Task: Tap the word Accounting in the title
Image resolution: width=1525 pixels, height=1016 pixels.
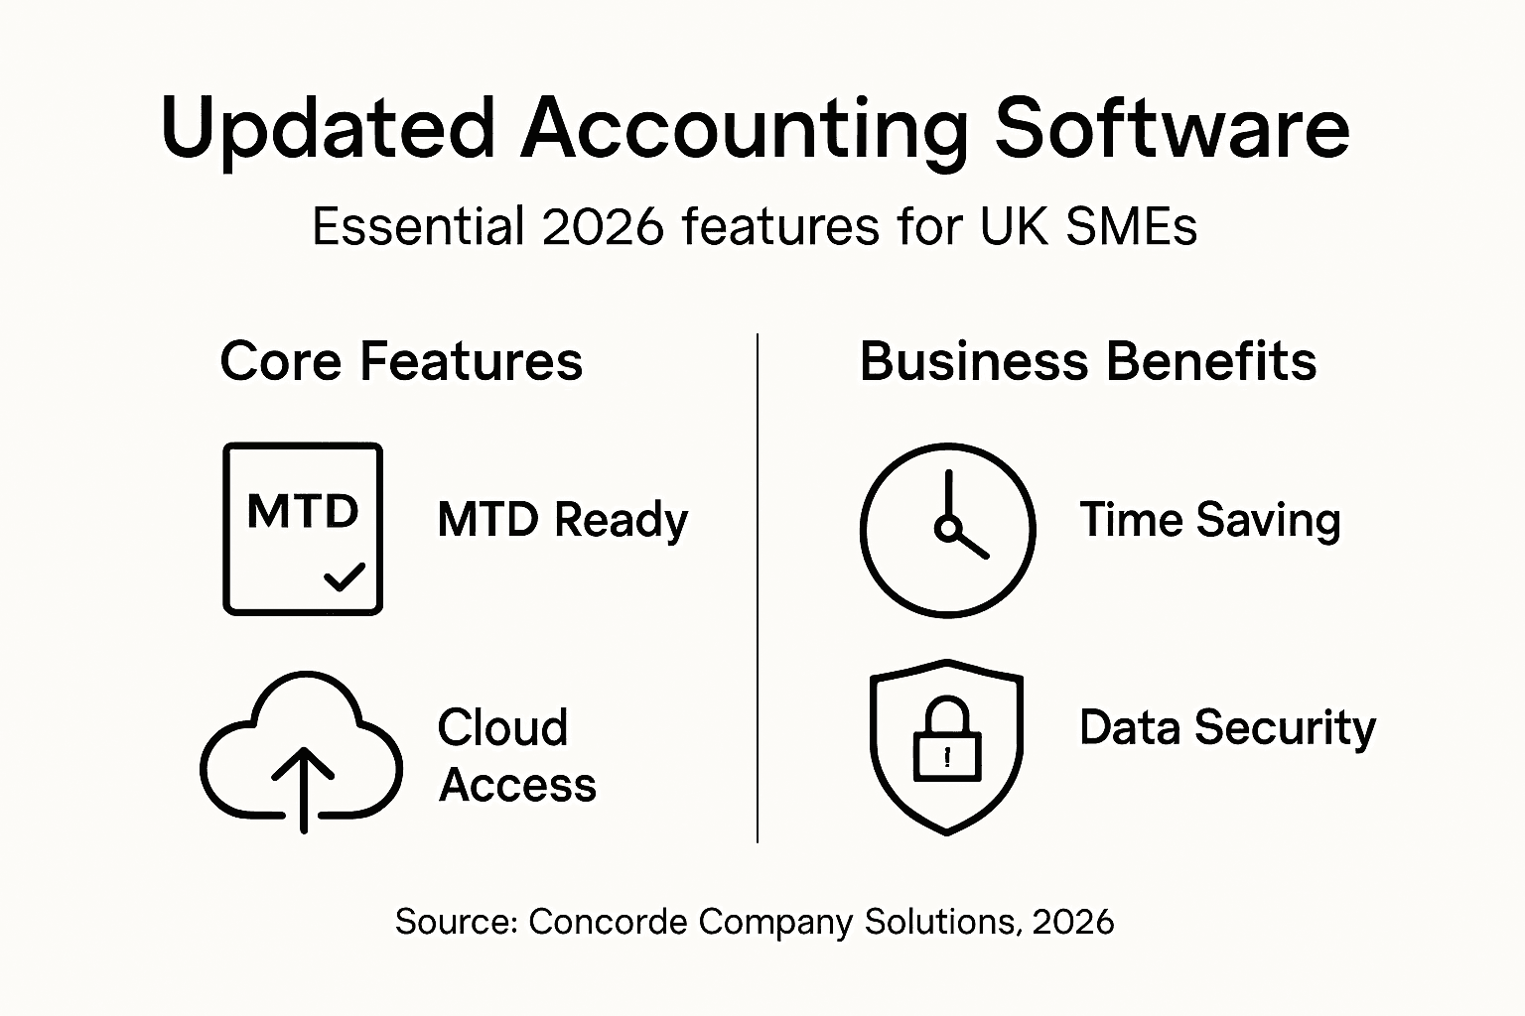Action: (744, 129)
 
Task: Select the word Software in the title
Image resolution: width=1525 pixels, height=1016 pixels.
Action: (1172, 129)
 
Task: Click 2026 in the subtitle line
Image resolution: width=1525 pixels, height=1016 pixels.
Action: (603, 226)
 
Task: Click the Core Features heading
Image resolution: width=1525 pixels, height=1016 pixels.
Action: (401, 361)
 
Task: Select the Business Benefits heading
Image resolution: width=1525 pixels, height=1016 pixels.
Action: (1087, 361)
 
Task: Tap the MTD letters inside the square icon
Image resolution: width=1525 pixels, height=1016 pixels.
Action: (303, 512)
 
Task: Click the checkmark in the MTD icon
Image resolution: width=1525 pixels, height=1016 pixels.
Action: (345, 575)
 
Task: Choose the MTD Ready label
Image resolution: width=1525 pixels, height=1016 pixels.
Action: (562, 520)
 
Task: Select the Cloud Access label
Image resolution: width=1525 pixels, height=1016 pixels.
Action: (516, 756)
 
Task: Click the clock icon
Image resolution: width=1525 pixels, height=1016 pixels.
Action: (947, 530)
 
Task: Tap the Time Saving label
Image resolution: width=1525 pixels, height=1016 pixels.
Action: (1209, 520)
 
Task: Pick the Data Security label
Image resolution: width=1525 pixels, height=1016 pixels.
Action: (1227, 727)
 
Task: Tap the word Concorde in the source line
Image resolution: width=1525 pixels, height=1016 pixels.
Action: (608, 922)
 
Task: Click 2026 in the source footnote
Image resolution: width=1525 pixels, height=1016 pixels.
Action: (1072, 922)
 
